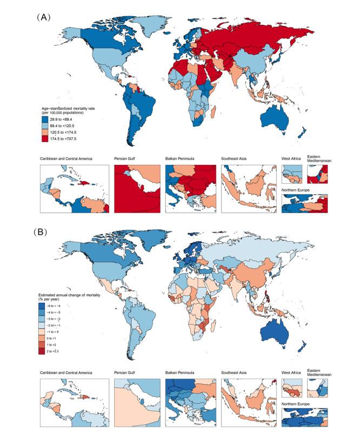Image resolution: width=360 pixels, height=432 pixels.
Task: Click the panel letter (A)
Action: click(43, 17)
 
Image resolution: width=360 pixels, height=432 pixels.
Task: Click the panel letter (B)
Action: click(43, 231)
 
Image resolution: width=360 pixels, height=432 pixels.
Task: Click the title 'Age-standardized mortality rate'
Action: click(70, 106)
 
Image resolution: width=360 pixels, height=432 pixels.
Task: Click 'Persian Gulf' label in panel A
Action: click(125, 159)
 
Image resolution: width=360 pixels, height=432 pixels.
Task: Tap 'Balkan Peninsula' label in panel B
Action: click(182, 373)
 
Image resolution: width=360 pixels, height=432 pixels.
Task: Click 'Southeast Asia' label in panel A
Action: click(237, 159)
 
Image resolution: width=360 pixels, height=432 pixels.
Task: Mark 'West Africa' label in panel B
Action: click(292, 373)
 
